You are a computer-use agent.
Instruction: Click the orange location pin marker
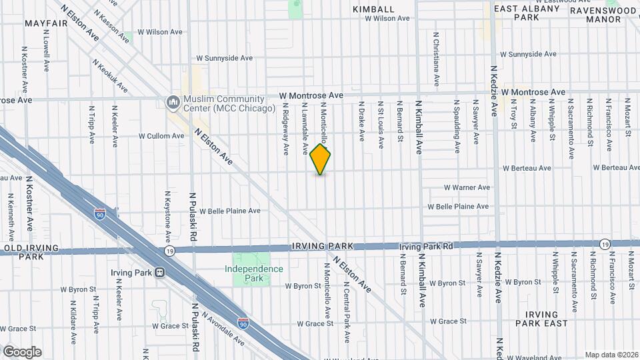pos(321,159)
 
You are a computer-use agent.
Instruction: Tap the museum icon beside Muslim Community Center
pos(172,102)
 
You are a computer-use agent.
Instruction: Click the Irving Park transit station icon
pos(160,272)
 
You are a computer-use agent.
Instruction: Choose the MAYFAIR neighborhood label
pos(47,23)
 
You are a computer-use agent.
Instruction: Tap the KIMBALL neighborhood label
pos(374,9)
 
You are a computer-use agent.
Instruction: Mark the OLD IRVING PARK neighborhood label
pos(32,252)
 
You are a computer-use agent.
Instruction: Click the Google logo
pos(21,352)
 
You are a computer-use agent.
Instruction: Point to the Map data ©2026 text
pos(611,355)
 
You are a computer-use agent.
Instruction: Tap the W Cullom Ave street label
pos(161,136)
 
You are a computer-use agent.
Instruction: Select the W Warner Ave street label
pos(467,187)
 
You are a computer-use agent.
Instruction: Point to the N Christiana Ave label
pos(437,59)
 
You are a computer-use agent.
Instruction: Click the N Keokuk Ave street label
pos(110,75)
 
